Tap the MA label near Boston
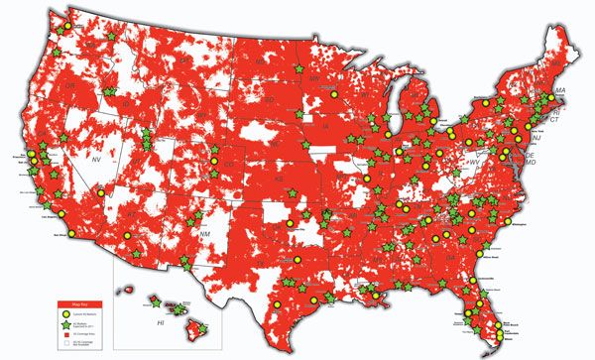pos(559,91)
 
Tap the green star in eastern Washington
pos(109,37)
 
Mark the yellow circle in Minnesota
pos(334,93)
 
